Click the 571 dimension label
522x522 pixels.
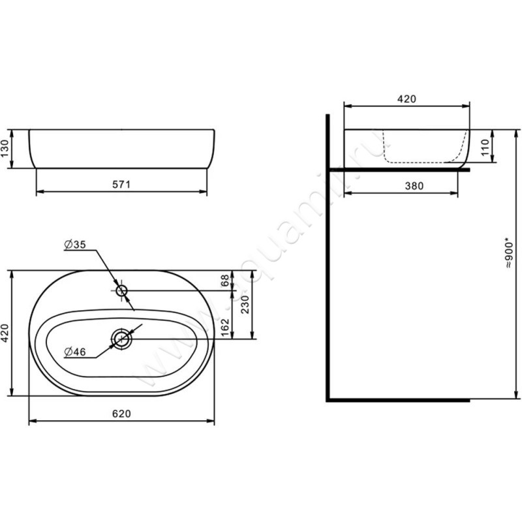(x=121, y=185)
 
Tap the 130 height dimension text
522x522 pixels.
(x=5, y=149)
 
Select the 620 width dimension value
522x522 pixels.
(x=121, y=414)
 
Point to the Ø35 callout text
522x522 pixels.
(x=75, y=245)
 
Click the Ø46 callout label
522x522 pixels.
(x=75, y=352)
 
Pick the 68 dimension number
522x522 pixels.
(x=225, y=281)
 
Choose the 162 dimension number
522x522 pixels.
(x=225, y=328)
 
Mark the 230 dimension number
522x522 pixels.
(x=245, y=304)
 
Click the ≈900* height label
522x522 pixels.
(x=509, y=253)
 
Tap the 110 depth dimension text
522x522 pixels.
(x=485, y=147)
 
